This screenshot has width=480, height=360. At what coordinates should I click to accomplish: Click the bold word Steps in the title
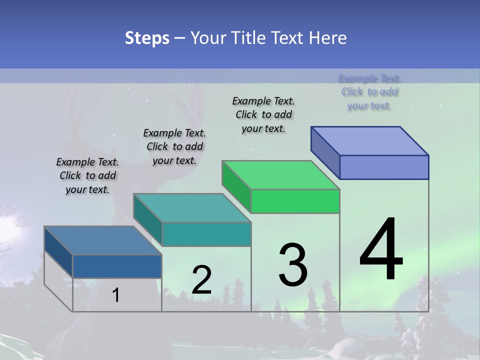coord(147,38)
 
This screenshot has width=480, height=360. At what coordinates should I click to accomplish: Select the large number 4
coord(381,250)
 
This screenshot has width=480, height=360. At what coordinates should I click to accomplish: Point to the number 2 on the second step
coord(201,280)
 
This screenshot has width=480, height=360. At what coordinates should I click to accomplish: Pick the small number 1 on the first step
coord(116,295)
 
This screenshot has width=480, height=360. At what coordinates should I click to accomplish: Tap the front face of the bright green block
coord(295,201)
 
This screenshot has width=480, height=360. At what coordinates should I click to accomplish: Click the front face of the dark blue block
coord(117,266)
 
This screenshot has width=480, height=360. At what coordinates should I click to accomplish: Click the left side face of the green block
coord(236,186)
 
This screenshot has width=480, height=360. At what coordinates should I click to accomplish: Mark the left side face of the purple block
coord(325,152)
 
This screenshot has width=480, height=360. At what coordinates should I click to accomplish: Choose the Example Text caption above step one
coord(87,175)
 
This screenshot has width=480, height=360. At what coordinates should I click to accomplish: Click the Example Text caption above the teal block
coord(174,146)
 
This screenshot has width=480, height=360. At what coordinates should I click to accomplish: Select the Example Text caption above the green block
coord(263,114)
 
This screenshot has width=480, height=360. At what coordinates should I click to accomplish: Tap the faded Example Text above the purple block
coord(369,92)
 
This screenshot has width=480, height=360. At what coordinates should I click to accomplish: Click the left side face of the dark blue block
coord(58,251)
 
